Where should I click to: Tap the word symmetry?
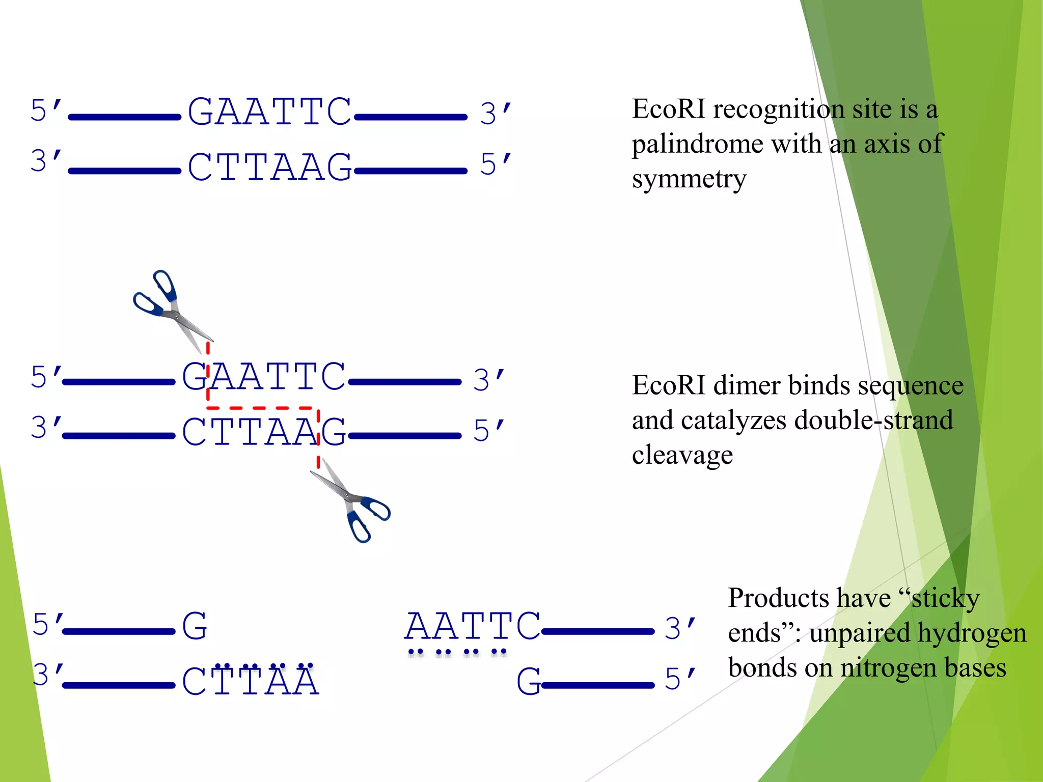pyautogui.click(x=689, y=179)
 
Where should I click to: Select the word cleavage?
pyautogui.click(x=682, y=455)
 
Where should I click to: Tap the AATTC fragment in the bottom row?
pyautogui.click(x=472, y=626)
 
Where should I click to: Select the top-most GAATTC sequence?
pyautogui.click(x=270, y=112)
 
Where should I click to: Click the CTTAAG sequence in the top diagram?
pyautogui.click(x=270, y=167)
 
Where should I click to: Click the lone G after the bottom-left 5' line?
pyautogui.click(x=195, y=626)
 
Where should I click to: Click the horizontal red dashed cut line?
pyautogui.click(x=262, y=408)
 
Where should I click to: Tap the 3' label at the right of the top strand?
pyautogui.click(x=495, y=113)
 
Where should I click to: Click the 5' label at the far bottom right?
pyautogui.click(x=680, y=679)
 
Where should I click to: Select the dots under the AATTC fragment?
pyautogui.click(x=457, y=652)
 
